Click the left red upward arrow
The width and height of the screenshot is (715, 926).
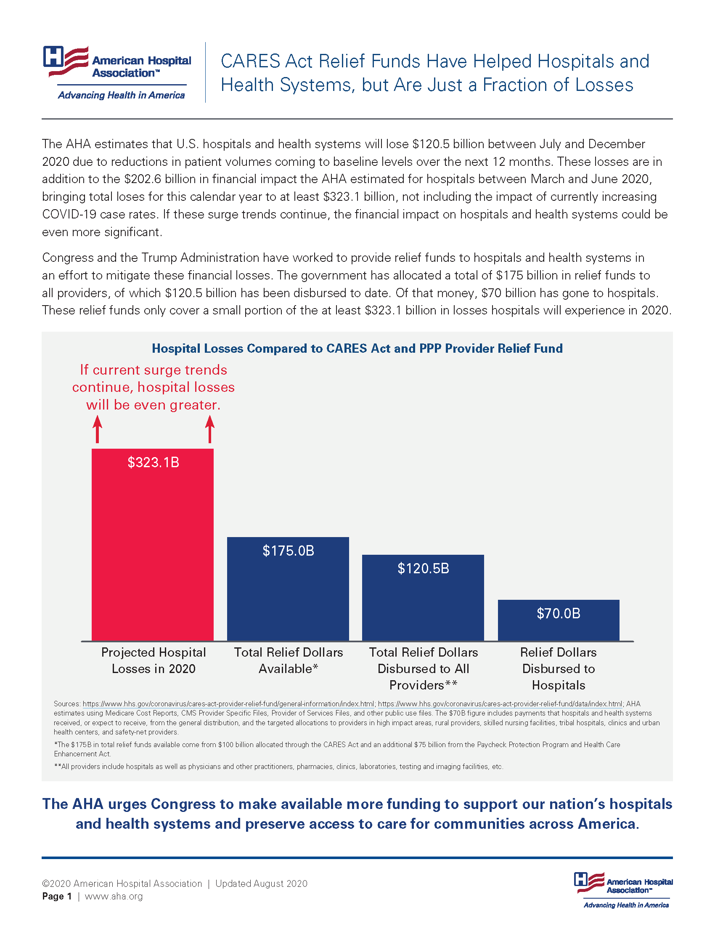[x=98, y=429]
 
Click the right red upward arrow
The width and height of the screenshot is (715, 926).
[x=210, y=429]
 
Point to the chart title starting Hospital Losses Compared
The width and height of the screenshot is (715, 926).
[x=357, y=349]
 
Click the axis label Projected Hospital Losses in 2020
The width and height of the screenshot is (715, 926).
[x=154, y=660]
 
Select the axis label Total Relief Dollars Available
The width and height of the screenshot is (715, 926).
[x=288, y=660]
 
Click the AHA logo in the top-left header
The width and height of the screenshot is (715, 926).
[x=117, y=72]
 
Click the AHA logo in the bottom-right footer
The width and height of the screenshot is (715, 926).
[x=623, y=890]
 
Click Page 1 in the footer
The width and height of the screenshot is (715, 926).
[x=57, y=896]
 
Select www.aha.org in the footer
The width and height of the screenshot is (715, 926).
[x=114, y=896]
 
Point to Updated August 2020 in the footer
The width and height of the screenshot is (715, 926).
[x=261, y=883]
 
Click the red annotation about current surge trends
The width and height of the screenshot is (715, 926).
[x=154, y=387]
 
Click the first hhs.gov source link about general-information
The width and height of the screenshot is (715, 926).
[x=228, y=704]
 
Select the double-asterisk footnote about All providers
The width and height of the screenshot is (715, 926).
[x=278, y=766]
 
